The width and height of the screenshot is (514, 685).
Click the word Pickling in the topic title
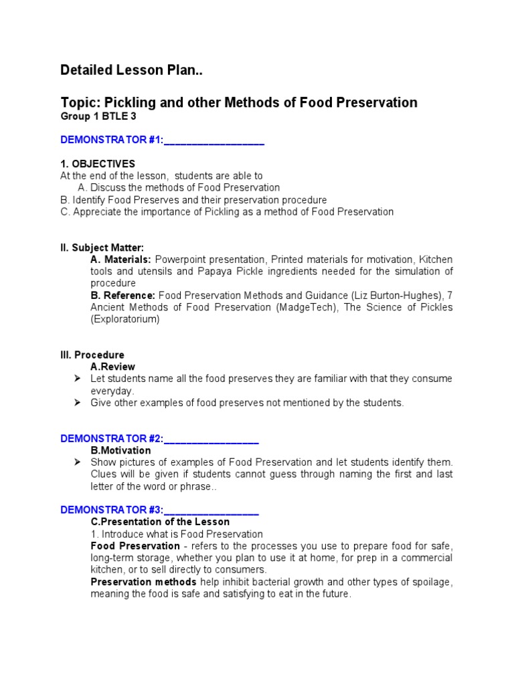click(x=122, y=102)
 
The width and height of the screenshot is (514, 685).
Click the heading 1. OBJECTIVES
click(x=98, y=164)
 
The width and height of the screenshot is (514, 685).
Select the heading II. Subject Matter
click(x=102, y=248)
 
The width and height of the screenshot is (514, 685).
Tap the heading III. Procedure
click(x=92, y=355)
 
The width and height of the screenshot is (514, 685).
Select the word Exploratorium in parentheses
click(x=125, y=320)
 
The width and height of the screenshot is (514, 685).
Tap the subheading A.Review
click(x=113, y=367)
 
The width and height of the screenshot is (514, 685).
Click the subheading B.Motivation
click(x=121, y=450)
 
